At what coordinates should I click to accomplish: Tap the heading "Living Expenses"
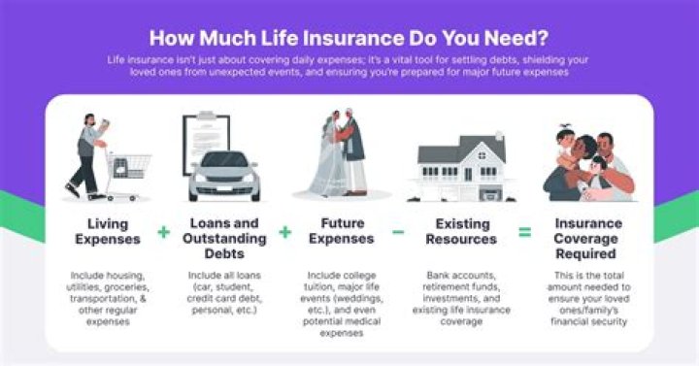tap(110, 231)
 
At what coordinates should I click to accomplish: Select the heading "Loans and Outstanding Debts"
tap(224, 239)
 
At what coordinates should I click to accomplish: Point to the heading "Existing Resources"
tap(458, 231)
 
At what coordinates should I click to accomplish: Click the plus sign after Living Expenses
tap(163, 232)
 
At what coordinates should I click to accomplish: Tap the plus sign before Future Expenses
tap(285, 232)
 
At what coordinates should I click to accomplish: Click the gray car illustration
tap(224, 176)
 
